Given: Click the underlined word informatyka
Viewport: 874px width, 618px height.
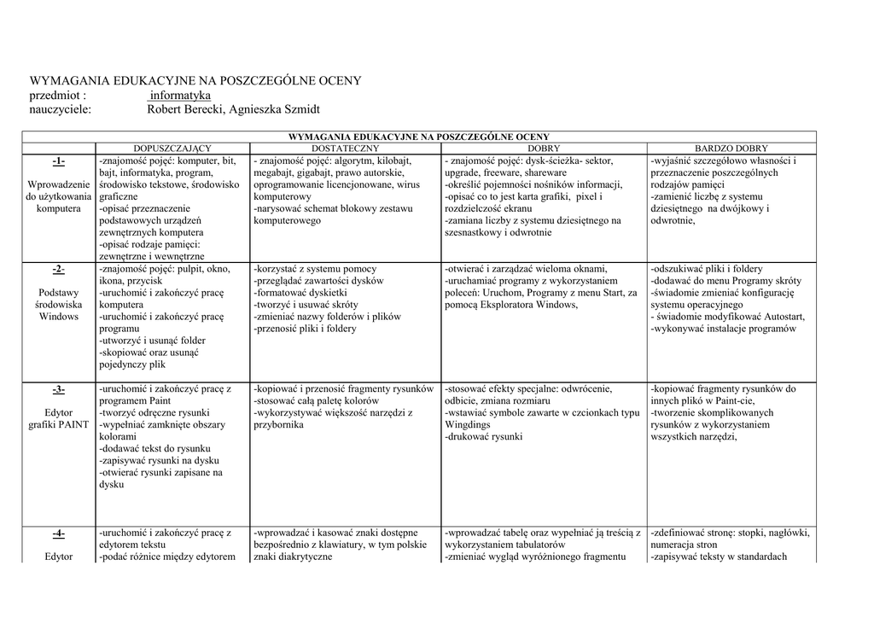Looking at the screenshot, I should pyautogui.click(x=179, y=95).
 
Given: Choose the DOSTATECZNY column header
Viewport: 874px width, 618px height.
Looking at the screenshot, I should pyautogui.click(x=346, y=149).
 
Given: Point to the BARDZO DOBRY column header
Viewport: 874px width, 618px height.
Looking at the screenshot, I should pyautogui.click(x=731, y=149).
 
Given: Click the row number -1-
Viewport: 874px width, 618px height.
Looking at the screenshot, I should pyautogui.click(x=58, y=161).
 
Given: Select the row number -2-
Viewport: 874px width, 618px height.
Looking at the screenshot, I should pyautogui.click(x=58, y=270).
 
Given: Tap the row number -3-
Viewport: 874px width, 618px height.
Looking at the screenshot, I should pyautogui.click(x=58, y=389).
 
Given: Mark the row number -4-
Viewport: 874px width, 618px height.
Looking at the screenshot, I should pyautogui.click(x=58, y=533).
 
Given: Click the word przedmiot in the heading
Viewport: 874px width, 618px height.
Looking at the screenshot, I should pyautogui.click(x=55, y=95).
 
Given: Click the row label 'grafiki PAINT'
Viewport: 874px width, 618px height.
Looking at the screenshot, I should pyautogui.click(x=58, y=425).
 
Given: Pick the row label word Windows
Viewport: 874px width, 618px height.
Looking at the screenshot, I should pyautogui.click(x=58, y=317).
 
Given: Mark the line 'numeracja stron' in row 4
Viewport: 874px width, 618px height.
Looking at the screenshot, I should pyautogui.click(x=683, y=545).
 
